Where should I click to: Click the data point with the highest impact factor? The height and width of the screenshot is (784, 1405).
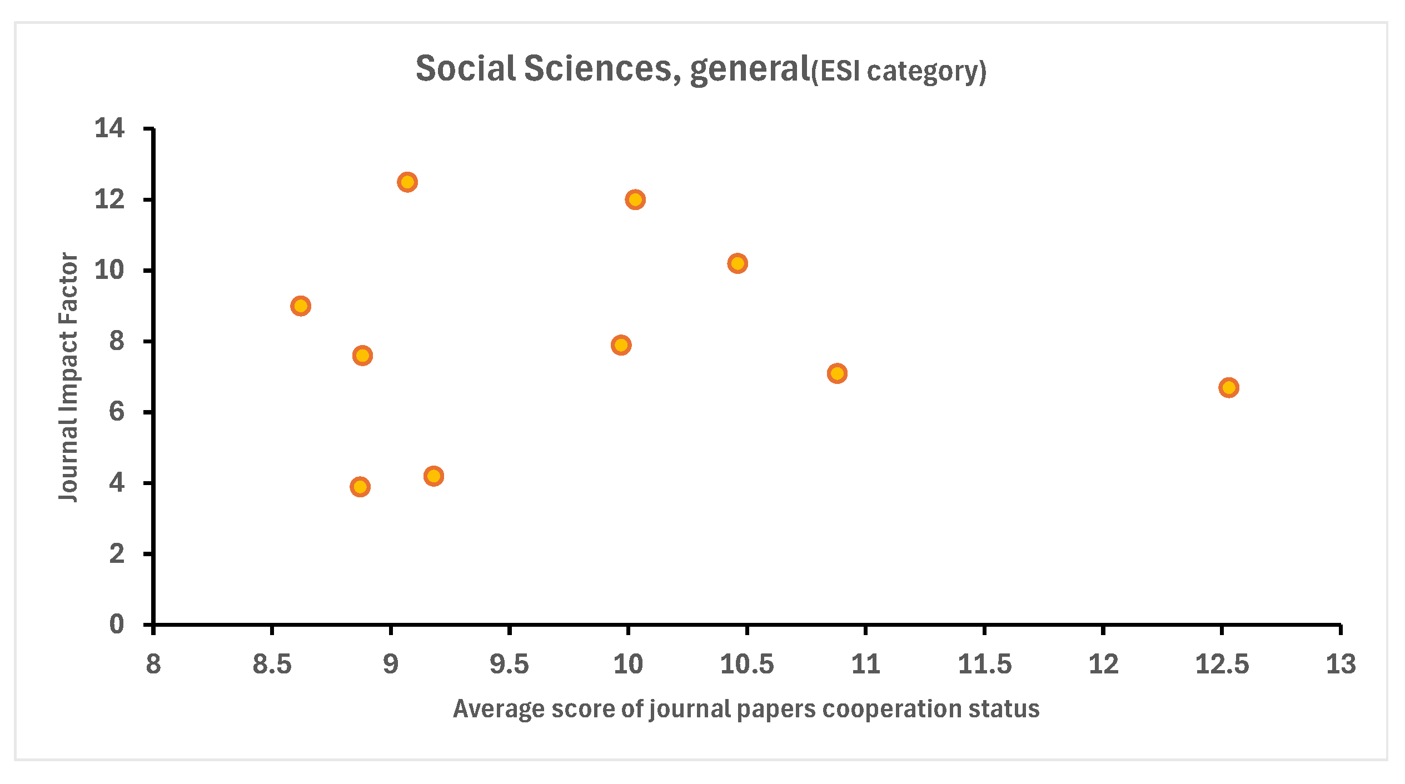coord(407,182)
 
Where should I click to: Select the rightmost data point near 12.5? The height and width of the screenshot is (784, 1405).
coord(1229,387)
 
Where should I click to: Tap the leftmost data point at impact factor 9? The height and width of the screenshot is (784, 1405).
coord(301,306)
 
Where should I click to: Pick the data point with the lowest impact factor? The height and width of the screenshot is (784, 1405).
coord(360,487)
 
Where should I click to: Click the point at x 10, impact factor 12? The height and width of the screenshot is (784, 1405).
coord(635,199)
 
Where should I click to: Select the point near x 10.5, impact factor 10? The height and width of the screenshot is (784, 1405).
coord(738,263)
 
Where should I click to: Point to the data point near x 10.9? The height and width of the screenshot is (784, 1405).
coord(837,373)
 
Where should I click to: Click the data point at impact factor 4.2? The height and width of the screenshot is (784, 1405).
coord(434,476)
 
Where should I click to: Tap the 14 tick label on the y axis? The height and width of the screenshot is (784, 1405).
coord(109,128)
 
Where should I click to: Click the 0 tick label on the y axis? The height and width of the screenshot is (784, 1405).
coord(117,625)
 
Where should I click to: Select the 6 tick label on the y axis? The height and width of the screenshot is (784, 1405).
coord(117,412)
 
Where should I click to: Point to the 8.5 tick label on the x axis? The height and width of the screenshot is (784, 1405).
coord(272,664)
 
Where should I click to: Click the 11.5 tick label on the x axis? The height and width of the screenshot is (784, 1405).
coord(985,664)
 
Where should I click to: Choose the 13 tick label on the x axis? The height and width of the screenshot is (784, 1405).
coord(1341,664)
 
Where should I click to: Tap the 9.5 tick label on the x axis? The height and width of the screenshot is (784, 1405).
coord(509,664)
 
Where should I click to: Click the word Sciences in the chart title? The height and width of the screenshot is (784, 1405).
coord(598,69)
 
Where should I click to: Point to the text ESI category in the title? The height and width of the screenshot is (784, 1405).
coord(899,71)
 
